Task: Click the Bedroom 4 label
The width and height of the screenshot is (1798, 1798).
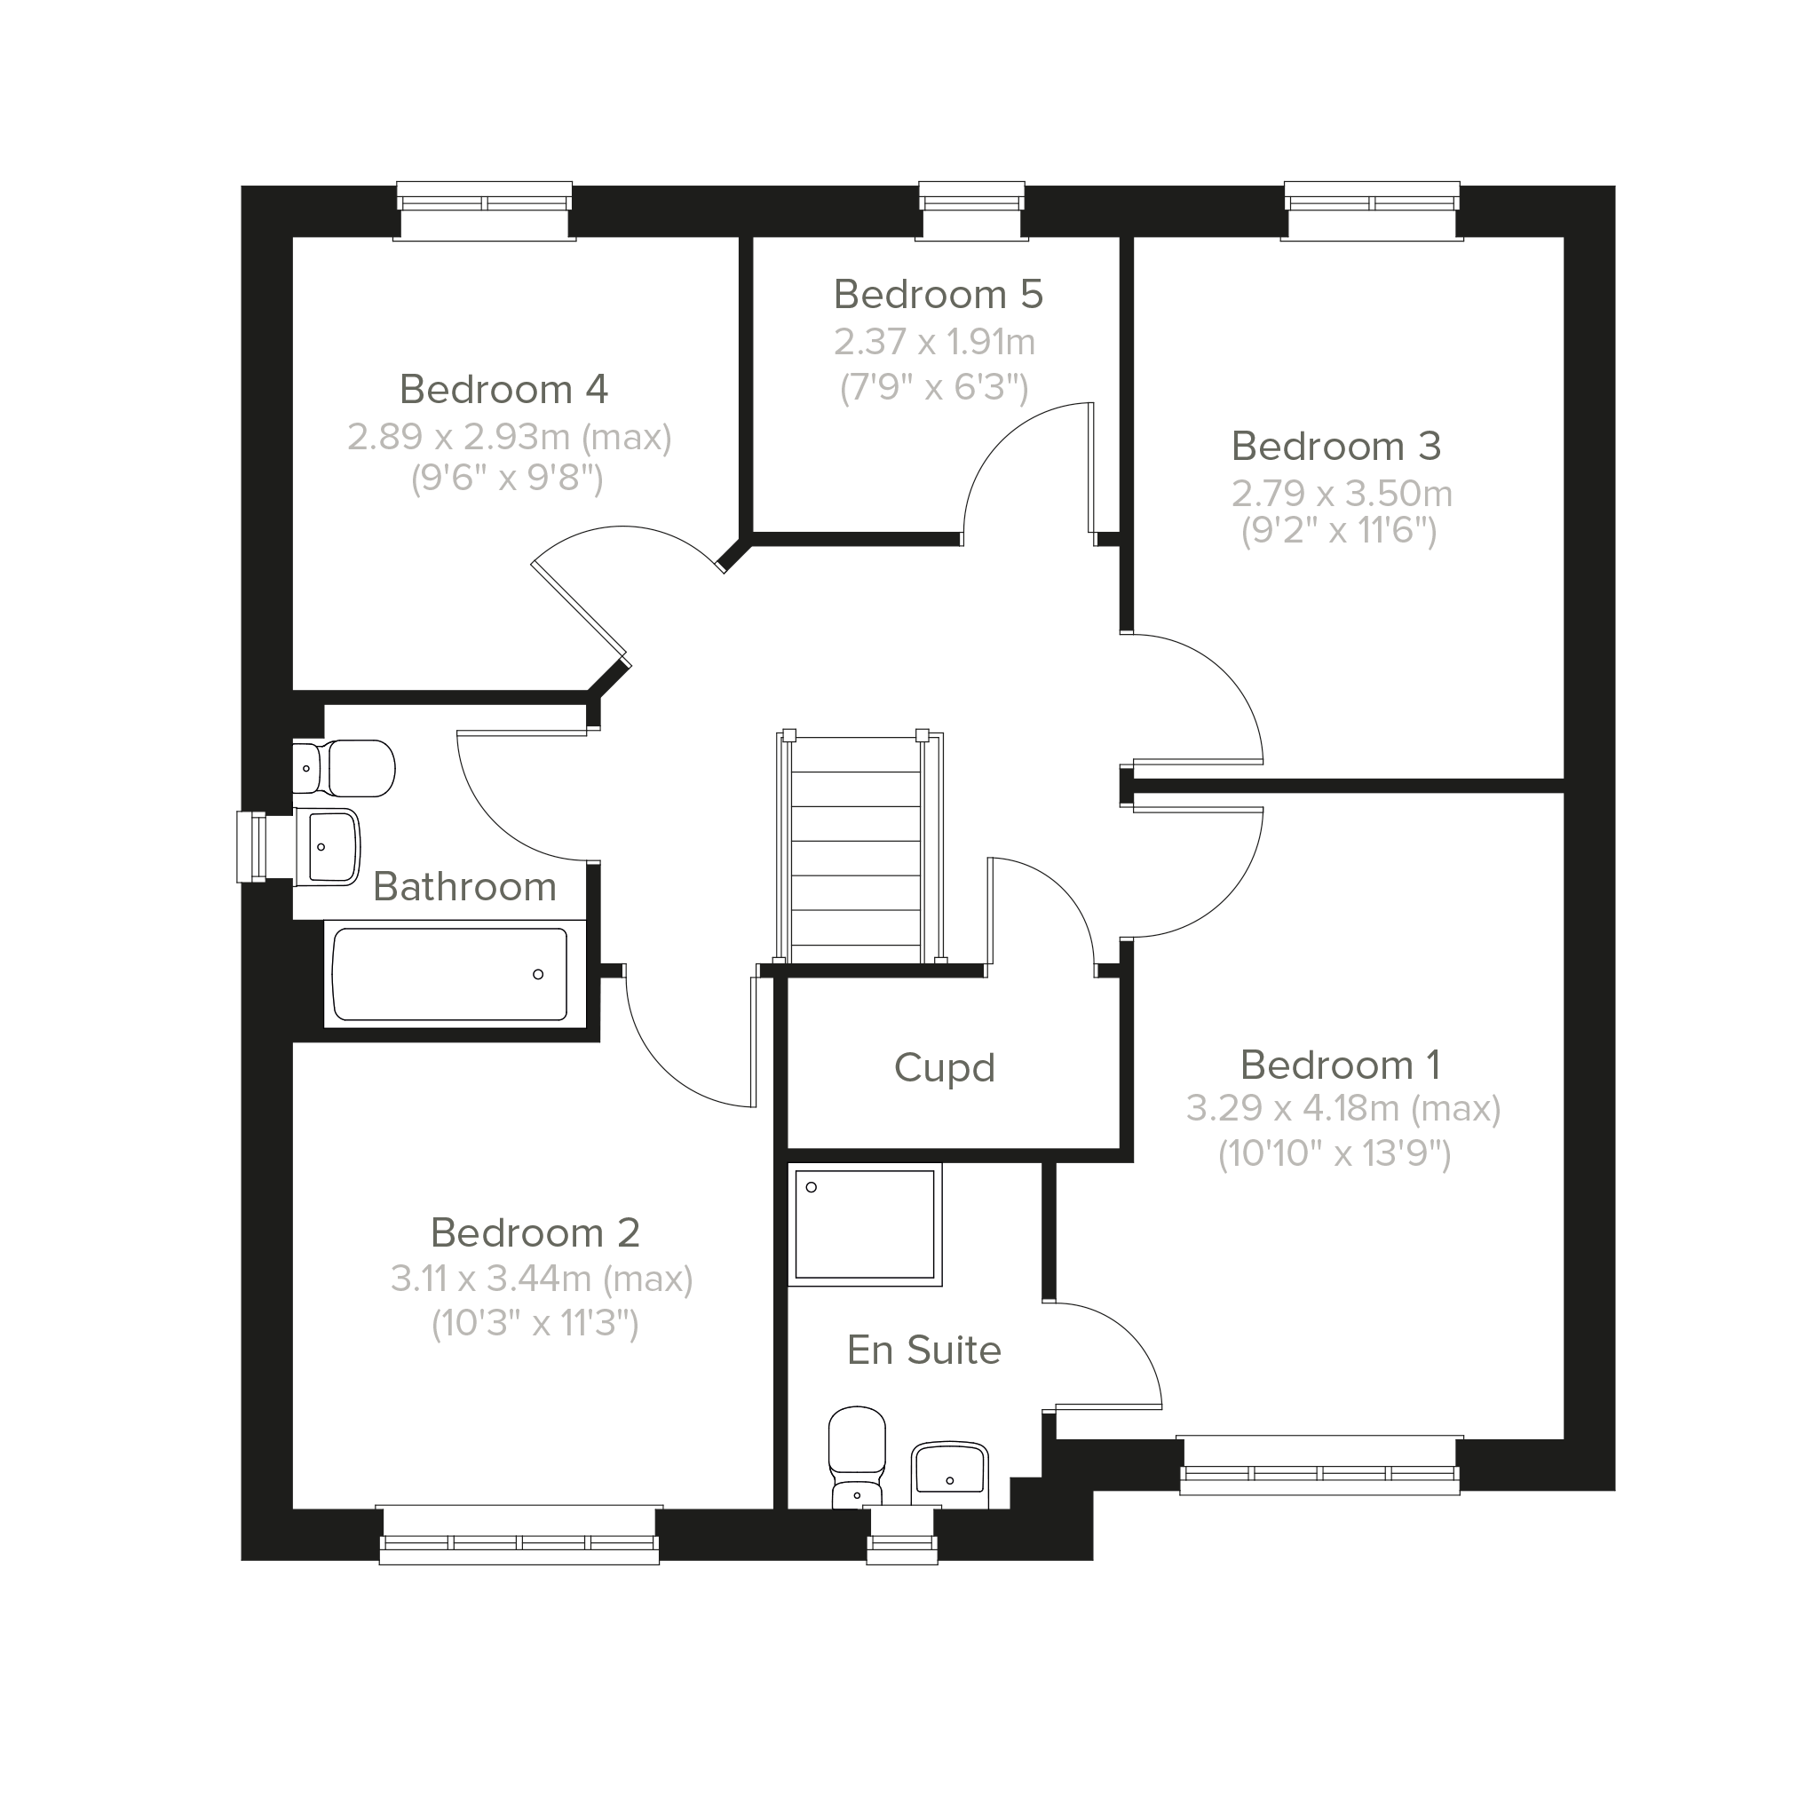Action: (503, 389)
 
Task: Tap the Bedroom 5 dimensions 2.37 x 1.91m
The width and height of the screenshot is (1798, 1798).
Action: (934, 343)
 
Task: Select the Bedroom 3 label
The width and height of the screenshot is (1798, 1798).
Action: (1336, 447)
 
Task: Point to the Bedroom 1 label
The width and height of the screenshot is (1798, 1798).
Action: (1340, 1065)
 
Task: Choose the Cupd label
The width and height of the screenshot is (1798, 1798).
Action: (945, 1068)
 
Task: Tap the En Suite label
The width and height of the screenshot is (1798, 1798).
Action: (924, 1350)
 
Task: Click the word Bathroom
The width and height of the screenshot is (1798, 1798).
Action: (464, 887)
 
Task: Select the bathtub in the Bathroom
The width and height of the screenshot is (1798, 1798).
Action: (450, 974)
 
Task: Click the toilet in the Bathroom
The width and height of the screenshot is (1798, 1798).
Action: (344, 769)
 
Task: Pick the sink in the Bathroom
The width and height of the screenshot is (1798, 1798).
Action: (327, 847)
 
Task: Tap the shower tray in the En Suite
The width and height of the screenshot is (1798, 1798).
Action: (865, 1224)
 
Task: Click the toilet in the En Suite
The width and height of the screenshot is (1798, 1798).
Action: (857, 1457)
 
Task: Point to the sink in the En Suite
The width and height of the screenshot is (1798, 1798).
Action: (949, 1475)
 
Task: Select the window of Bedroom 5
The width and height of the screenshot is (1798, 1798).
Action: (971, 210)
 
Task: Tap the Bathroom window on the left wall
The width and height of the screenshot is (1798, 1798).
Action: (253, 847)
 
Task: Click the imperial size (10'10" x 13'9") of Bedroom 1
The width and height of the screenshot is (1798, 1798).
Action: (1335, 1155)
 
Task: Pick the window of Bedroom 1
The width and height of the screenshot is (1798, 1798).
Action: (1319, 1466)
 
